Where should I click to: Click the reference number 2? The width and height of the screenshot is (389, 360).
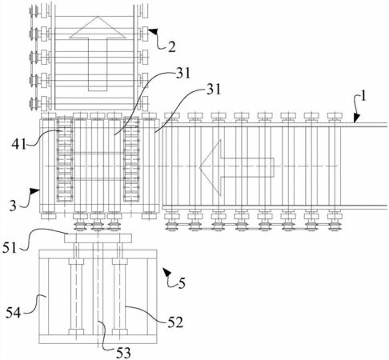coord(171,47)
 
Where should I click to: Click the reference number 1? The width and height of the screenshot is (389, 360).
coord(363,96)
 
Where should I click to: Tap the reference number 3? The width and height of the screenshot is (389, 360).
coord(13,206)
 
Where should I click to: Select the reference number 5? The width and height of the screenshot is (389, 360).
coord(182,283)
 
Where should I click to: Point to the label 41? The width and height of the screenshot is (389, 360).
coord(18,144)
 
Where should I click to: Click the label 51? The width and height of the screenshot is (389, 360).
coord(10,248)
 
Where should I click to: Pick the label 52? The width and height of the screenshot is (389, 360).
coord(175,322)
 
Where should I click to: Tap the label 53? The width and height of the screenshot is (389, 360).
coord(123,353)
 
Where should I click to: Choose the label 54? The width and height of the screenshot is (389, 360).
coord(14,313)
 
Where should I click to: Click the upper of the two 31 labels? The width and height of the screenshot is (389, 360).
coord(183,73)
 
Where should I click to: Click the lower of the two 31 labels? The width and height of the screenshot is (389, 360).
coord(214,90)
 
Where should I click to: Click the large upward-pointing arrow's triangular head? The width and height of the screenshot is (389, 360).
coord(98,27)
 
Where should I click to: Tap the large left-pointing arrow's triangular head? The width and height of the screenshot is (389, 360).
coord(211,167)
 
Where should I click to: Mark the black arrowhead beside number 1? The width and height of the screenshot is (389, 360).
coord(356,118)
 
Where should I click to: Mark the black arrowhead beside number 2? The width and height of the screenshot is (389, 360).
coord(152,31)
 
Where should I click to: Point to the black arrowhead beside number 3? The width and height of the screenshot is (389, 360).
coord(35,191)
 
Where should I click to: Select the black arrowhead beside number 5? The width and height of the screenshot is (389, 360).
coord(167,272)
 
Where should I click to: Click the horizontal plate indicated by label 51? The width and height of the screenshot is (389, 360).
coord(98,238)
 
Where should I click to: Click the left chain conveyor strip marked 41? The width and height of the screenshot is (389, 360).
coord(65,159)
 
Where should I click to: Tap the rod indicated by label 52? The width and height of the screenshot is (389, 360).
coord(119,296)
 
